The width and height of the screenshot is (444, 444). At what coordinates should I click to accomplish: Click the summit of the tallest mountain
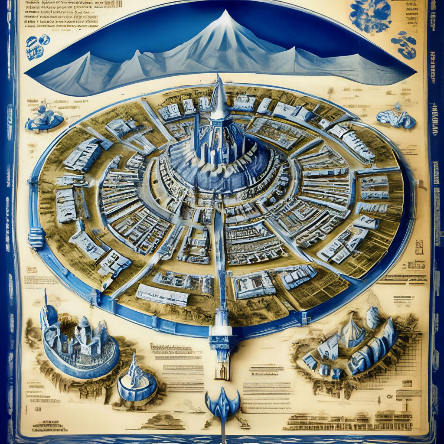[225, 13]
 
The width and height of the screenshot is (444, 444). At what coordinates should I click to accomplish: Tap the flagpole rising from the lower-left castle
[45, 299]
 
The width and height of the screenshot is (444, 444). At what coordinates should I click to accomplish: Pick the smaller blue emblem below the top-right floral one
[404, 44]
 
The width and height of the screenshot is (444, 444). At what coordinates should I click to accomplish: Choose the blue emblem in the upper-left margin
[38, 46]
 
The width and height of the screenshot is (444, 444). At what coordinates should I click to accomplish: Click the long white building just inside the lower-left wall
[163, 295]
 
